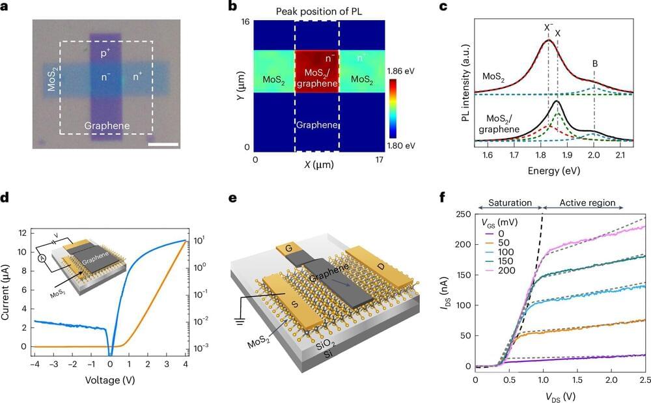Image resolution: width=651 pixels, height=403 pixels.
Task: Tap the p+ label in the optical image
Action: [x=105, y=53]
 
